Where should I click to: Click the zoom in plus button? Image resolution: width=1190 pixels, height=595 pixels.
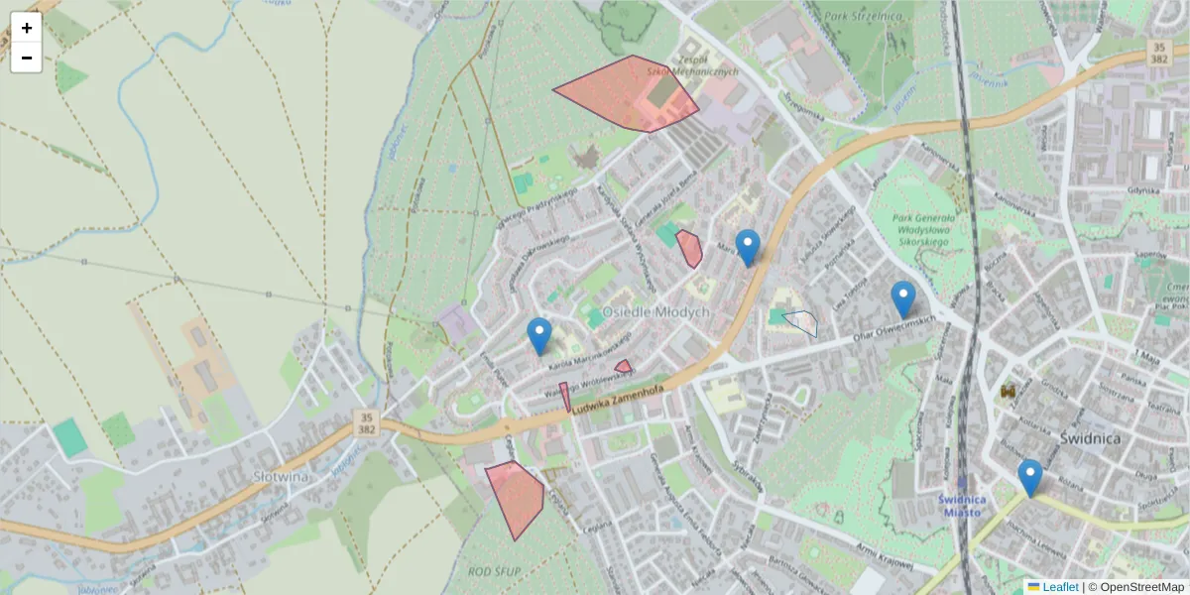click(x=27, y=28)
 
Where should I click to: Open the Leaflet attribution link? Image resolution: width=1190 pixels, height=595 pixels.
click(x=1060, y=587)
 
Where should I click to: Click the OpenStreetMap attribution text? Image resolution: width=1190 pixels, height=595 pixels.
click(x=1140, y=587)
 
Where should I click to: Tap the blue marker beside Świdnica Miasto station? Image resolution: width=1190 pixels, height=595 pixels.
click(x=1030, y=476)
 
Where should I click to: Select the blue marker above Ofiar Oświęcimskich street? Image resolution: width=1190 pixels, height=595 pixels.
click(x=902, y=297)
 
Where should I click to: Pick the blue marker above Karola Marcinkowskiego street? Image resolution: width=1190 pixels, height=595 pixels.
click(x=538, y=335)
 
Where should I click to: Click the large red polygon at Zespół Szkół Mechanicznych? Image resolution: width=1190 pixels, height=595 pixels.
click(x=625, y=92)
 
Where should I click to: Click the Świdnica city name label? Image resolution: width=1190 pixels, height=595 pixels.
click(x=1089, y=438)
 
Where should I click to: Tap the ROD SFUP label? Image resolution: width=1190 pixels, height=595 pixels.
click(x=494, y=571)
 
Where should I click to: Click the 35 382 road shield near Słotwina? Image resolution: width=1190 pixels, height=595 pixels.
click(x=366, y=420)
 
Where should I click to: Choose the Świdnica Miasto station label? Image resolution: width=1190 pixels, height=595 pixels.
click(x=961, y=505)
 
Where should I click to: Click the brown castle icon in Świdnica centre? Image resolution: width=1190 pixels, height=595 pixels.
click(x=1010, y=393)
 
